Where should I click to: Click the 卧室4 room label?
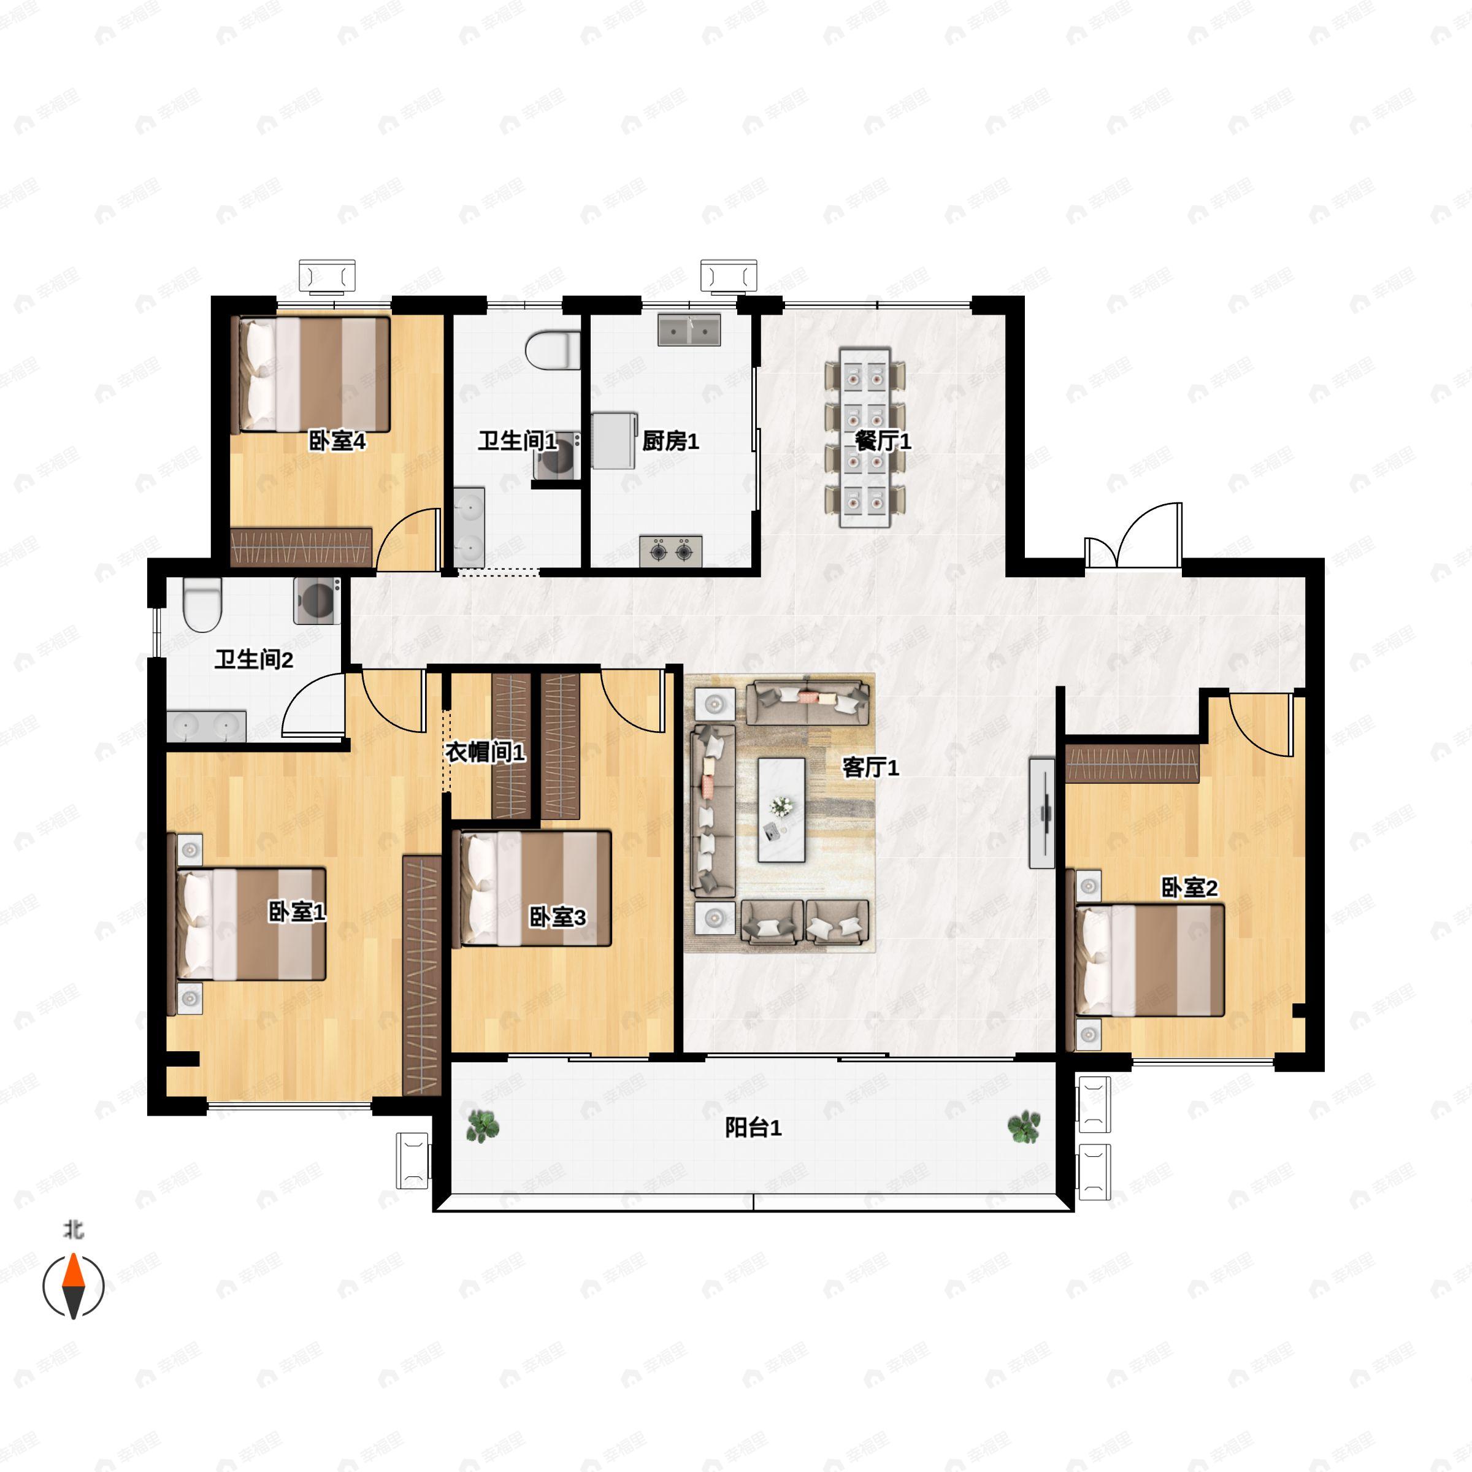click(x=337, y=440)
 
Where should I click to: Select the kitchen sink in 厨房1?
click(x=689, y=329)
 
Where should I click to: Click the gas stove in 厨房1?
click(x=670, y=550)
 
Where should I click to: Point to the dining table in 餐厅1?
click(x=865, y=437)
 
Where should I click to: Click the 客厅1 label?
click(x=870, y=767)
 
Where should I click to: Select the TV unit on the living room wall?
click(x=1041, y=813)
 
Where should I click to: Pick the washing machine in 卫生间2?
click(x=316, y=600)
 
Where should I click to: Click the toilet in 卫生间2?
click(x=202, y=604)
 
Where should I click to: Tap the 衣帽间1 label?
click(x=485, y=753)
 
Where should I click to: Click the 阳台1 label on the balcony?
click(x=753, y=1128)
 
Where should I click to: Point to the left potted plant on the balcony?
click(x=482, y=1126)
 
